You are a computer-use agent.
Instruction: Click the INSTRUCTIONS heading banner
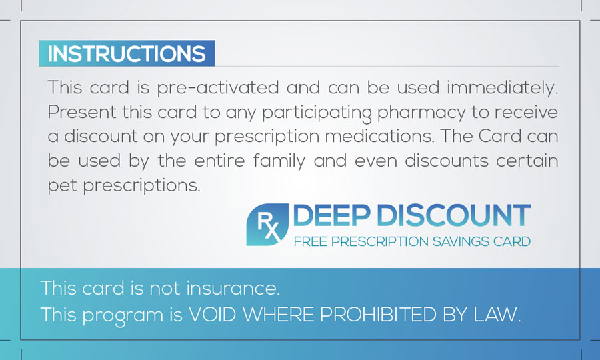(x=127, y=53)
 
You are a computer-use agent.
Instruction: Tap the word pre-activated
(x=217, y=88)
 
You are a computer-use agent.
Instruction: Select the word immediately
(x=503, y=87)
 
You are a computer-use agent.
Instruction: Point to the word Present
(x=82, y=112)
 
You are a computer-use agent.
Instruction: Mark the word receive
(x=526, y=113)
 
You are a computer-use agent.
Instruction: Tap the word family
(x=279, y=161)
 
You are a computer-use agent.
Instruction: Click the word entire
(x=219, y=161)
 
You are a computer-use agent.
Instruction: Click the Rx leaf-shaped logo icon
(x=267, y=225)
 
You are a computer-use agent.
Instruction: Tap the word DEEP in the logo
(x=331, y=215)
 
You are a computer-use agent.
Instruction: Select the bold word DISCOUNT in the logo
(x=454, y=215)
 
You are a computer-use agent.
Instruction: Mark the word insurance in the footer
(x=233, y=288)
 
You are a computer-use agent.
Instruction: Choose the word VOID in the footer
(x=213, y=315)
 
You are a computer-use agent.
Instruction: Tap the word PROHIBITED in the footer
(x=378, y=315)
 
